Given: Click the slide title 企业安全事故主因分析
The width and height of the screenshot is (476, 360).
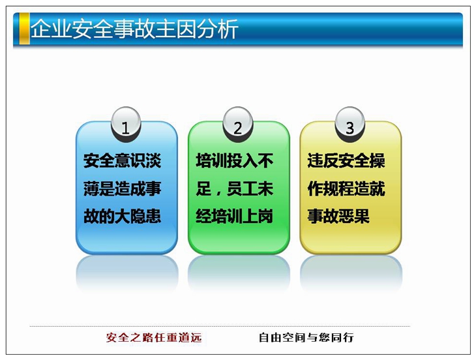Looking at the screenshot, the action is click(x=134, y=29).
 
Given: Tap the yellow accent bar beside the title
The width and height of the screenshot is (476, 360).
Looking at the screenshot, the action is click(x=24, y=29).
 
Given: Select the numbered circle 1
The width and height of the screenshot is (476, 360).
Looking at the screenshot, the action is click(x=126, y=124).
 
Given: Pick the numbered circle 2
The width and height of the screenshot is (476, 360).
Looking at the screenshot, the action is click(x=238, y=124).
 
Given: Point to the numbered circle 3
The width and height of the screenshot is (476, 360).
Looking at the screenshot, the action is click(x=350, y=124).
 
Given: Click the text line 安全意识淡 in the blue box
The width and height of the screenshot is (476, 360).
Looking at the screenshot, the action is click(x=122, y=160).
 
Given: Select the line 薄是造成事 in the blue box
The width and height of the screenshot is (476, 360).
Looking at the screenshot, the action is click(x=122, y=188).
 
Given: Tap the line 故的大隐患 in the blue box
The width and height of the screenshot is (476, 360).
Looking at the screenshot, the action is click(x=122, y=216).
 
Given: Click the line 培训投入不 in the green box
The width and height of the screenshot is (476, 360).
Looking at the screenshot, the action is click(x=234, y=160).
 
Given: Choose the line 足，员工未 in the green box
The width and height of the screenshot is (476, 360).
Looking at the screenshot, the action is click(x=234, y=188).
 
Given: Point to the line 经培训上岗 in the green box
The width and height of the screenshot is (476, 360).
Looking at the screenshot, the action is click(x=234, y=216).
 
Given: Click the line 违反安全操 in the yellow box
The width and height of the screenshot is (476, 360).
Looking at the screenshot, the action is click(x=346, y=160).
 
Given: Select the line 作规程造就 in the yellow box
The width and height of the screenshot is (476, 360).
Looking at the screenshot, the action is click(x=346, y=188).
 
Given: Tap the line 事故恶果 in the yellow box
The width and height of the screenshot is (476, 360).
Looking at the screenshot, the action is click(x=338, y=216).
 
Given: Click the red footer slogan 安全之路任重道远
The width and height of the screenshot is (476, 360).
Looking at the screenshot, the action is click(x=154, y=338).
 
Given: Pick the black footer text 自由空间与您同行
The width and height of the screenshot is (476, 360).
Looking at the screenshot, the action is click(x=306, y=338).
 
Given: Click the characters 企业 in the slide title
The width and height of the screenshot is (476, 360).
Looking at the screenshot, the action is click(x=51, y=29).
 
